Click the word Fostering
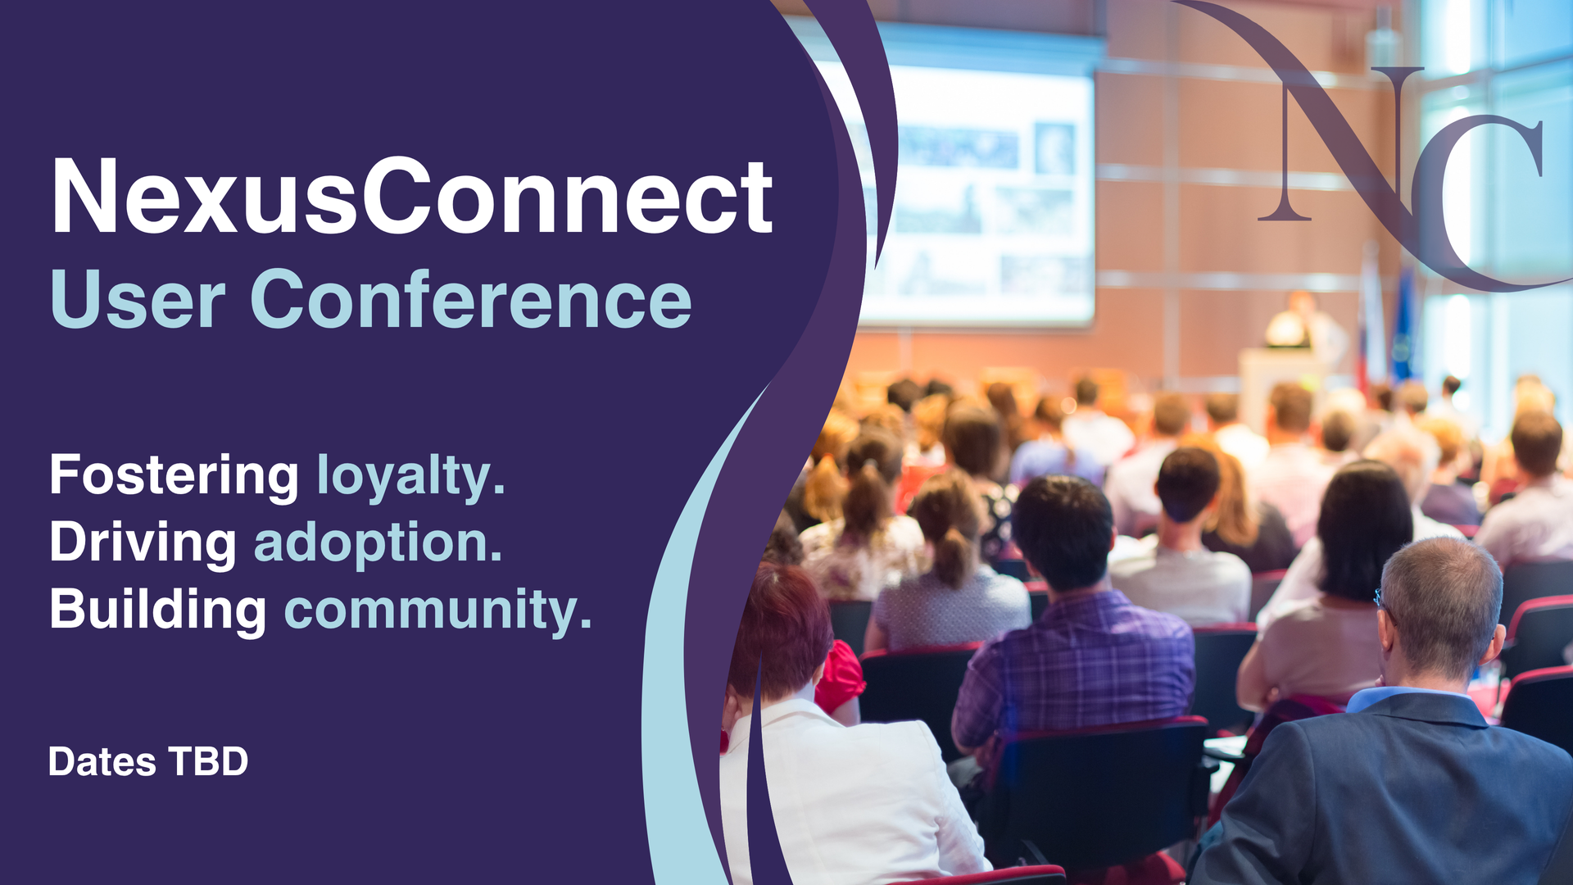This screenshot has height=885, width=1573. [x=174, y=475]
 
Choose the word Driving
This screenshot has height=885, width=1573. [x=143, y=543]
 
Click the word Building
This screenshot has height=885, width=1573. [x=157, y=610]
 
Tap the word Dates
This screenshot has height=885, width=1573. [x=102, y=762]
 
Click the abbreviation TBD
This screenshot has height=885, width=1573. [x=208, y=762]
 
